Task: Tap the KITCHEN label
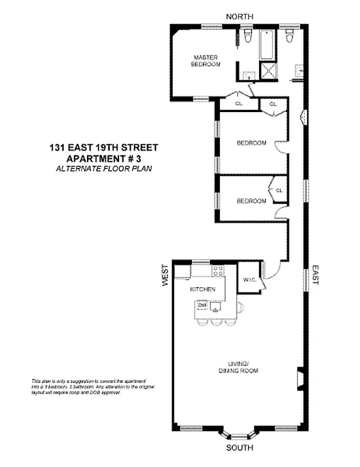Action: coord(203,290)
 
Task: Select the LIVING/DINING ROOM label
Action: coord(238,368)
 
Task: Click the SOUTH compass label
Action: coord(239,448)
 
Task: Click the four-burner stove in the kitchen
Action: coord(218,270)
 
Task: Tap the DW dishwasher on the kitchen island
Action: coord(203,305)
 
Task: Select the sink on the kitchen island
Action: coord(217,306)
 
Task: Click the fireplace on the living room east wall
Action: coord(299,377)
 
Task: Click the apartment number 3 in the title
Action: coord(138,159)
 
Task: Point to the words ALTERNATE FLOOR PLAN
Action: coord(103,169)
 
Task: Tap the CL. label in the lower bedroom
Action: coord(279,190)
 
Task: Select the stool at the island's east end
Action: coord(240,307)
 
